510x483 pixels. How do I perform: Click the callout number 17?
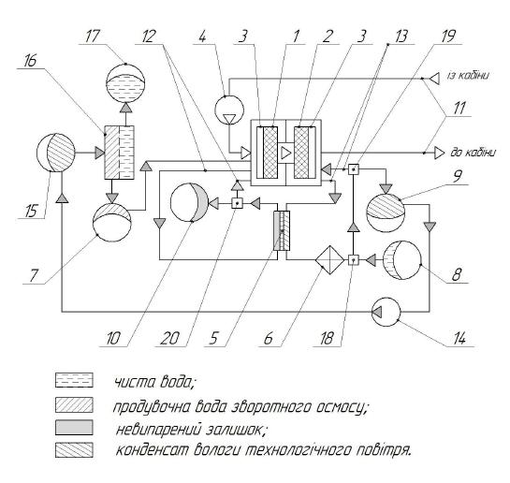[92, 36]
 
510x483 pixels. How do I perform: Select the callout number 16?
[31, 61]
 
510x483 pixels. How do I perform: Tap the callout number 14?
[459, 339]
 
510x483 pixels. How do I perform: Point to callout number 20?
[169, 339]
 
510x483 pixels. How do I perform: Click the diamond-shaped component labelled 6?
[329, 260]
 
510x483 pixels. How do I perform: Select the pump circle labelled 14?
[386, 312]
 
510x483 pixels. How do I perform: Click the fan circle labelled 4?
[229, 110]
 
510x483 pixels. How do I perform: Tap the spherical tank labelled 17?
[125, 82]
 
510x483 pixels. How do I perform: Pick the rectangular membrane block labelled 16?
[119, 153]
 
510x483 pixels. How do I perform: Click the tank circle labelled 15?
[56, 153]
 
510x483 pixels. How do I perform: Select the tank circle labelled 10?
[190, 202]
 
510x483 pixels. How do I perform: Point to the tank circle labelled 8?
[401, 260]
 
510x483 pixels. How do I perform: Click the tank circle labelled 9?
[386, 212]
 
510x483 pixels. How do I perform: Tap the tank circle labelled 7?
[112, 222]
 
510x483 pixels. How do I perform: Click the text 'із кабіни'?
[468, 76]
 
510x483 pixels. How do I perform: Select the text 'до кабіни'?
[474, 153]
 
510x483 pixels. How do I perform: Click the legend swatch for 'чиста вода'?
[74, 380]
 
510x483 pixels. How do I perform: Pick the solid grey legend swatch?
[74, 428]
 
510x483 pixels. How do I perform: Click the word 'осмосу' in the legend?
[339, 406]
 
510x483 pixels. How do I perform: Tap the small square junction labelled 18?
[353, 260]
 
